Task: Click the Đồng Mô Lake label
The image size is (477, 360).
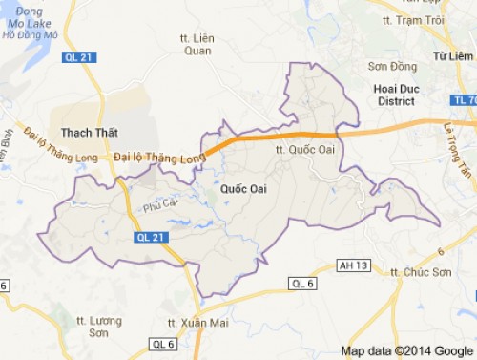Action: coord(30,26)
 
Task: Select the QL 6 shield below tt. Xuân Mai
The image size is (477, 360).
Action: coord(163,344)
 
